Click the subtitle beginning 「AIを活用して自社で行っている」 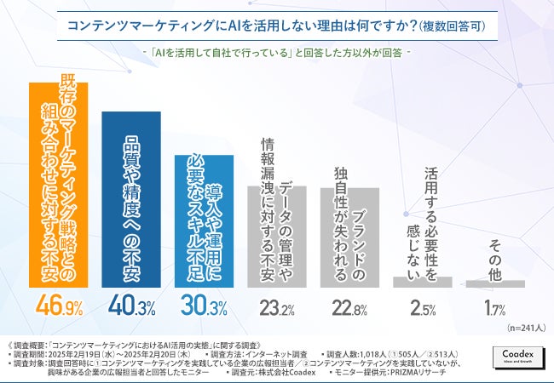(x=277, y=52)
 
